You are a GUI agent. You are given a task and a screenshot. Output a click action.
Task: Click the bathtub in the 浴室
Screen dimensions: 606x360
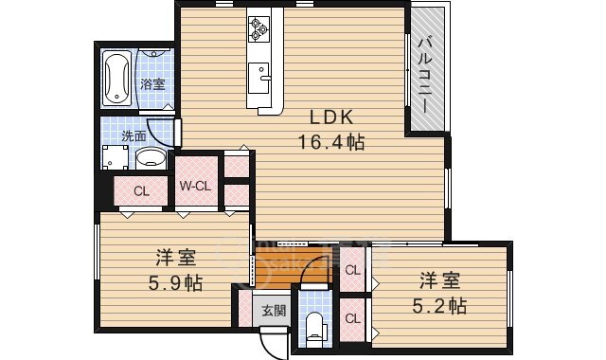(x=116, y=78)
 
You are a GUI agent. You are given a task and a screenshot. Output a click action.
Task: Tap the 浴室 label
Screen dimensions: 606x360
(x=152, y=84)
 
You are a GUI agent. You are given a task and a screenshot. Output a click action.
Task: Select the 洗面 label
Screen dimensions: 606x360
(x=134, y=136)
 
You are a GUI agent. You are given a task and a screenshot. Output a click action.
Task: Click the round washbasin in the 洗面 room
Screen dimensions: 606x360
(x=151, y=158)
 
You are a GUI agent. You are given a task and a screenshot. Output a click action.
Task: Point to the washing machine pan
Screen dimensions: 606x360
(x=115, y=157)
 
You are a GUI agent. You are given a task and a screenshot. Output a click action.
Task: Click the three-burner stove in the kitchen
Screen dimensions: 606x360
(x=258, y=28)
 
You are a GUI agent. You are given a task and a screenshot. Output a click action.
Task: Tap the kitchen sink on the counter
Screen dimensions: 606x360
(x=258, y=78)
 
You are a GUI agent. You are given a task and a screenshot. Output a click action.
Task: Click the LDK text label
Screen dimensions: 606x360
(x=331, y=117)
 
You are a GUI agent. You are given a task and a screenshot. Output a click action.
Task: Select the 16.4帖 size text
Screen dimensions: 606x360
(x=331, y=142)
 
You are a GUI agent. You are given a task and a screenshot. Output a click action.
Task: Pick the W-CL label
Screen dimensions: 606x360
(x=195, y=186)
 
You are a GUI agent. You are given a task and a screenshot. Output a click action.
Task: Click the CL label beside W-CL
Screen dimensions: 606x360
(x=141, y=191)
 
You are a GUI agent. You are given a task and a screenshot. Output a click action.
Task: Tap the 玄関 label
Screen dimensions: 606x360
(x=274, y=310)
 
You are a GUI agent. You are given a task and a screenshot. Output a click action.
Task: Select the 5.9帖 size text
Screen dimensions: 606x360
(x=176, y=283)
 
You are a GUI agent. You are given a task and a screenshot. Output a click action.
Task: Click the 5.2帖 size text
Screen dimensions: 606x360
(x=439, y=306)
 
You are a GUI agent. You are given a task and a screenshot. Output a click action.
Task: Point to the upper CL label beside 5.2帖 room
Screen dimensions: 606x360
(x=352, y=270)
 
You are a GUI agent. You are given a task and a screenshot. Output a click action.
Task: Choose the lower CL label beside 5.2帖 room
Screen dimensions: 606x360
(x=352, y=318)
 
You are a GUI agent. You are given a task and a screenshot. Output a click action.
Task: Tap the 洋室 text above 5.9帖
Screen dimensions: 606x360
(x=176, y=259)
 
